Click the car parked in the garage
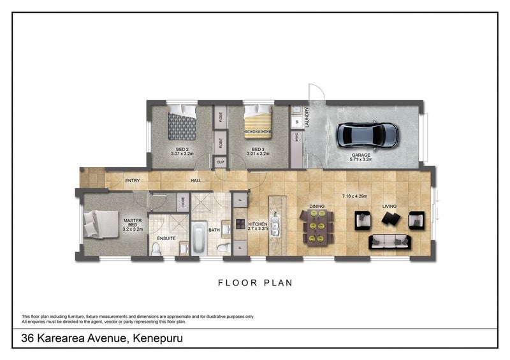tap(367, 134)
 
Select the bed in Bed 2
tap(182, 123)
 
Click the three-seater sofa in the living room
tap(390, 241)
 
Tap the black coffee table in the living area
tap(390, 219)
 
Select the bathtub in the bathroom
tap(198, 238)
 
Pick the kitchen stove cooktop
tap(242, 224)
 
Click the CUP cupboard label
tap(221, 162)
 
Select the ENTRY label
tap(133, 181)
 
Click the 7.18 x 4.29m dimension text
tap(358, 196)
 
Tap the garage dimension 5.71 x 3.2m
tap(361, 159)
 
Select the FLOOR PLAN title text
tap(255, 282)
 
